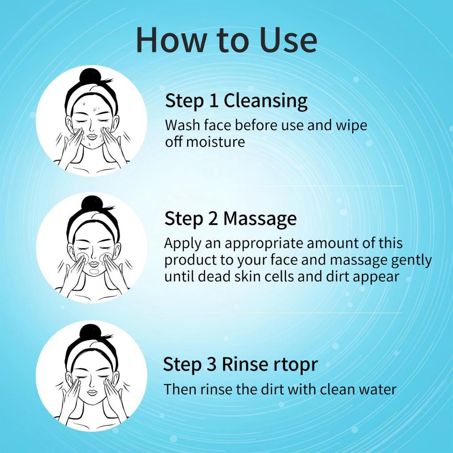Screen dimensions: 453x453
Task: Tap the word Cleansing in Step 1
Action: click(265, 102)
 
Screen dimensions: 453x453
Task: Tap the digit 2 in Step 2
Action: click(213, 219)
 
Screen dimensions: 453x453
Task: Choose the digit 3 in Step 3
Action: click(211, 365)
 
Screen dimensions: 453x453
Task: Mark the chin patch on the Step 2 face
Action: click(94, 272)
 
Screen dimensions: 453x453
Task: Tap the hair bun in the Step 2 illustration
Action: click(92, 204)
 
